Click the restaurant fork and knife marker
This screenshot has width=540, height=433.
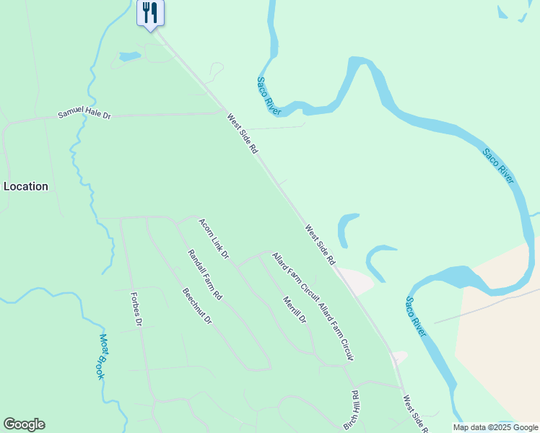point(150,13)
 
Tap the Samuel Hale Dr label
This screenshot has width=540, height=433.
point(85,115)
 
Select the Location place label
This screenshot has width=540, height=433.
point(26,186)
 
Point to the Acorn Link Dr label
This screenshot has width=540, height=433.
point(214,239)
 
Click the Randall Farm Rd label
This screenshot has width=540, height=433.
point(205,275)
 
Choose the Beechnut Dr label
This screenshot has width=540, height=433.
point(196,306)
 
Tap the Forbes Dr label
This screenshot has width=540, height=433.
point(135,309)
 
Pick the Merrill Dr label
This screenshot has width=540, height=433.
point(295,310)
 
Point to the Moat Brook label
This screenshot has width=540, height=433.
point(102,357)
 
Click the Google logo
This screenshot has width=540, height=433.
point(24,424)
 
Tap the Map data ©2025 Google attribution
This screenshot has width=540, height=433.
point(494,427)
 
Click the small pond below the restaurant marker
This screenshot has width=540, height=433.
point(129,56)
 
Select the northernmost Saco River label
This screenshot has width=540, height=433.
point(268,94)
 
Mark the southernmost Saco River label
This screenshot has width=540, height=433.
point(416,316)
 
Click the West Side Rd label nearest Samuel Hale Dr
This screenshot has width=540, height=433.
point(243,134)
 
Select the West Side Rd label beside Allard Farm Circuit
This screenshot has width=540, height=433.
point(321,244)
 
